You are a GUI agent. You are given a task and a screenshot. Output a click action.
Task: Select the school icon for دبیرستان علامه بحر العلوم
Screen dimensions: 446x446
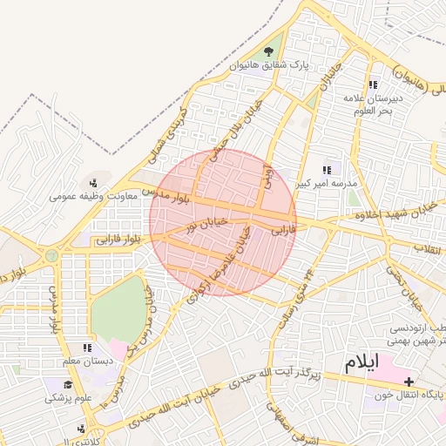click(x=373, y=84)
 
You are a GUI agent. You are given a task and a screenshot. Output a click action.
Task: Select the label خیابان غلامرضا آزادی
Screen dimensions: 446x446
click(x=229, y=256)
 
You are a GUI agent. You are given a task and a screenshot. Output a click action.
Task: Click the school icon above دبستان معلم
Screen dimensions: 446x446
click(x=86, y=348)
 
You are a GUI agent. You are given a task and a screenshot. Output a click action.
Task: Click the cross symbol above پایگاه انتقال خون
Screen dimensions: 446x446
click(x=409, y=382)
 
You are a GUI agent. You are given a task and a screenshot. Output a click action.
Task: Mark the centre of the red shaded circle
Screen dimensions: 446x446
click(x=223, y=223)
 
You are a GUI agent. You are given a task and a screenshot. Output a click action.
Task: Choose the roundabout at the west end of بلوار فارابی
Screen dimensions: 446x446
click(x=51, y=255)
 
